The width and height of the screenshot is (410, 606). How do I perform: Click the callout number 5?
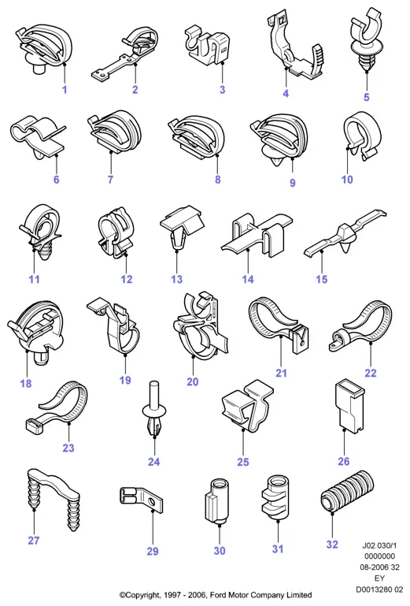pos(367,97)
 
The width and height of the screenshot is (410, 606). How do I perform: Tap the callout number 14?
pos(248,279)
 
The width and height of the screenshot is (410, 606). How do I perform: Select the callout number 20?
pos(193,381)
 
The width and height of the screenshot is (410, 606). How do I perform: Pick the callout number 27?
pos(34,540)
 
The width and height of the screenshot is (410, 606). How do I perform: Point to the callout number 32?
pos(332,545)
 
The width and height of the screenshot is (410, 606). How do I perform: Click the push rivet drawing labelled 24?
pos(154,411)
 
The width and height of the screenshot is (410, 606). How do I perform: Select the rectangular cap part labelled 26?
pos(349,406)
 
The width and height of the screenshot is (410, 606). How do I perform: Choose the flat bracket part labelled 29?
pos(142,499)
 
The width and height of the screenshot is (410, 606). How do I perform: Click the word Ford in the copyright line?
pos(219,595)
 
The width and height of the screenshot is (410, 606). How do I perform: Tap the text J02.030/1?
pos(379,545)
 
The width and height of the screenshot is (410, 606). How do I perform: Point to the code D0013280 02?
pos(379,589)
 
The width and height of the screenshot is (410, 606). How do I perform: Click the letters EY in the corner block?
pos(379,578)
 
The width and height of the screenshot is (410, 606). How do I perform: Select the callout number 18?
pos(26,383)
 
